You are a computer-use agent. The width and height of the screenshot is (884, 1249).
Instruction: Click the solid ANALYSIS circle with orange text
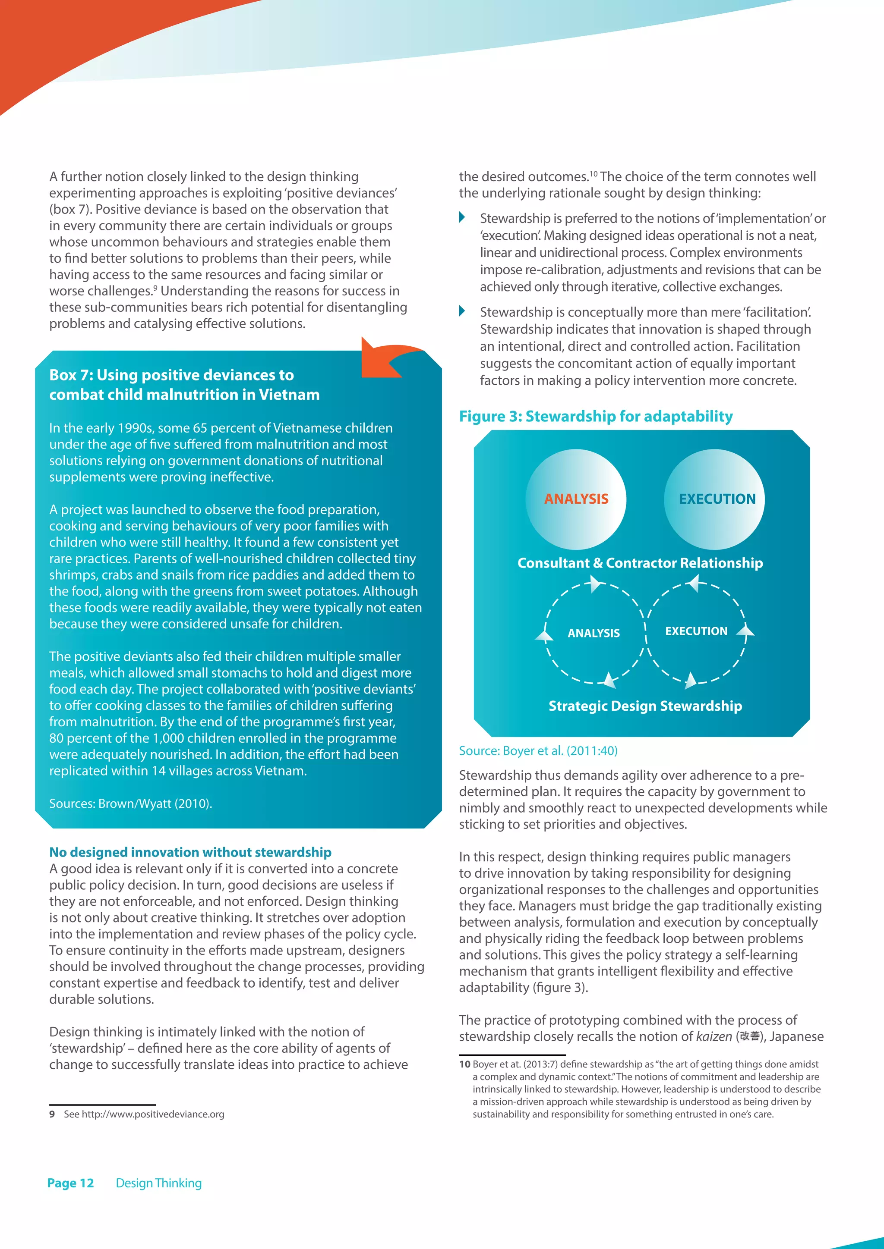tap(576, 499)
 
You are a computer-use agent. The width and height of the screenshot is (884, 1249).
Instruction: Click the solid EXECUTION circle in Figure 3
tap(714, 499)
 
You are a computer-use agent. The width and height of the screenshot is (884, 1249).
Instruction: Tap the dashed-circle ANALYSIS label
tap(594, 633)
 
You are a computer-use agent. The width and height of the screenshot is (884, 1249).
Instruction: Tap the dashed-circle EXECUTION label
tap(696, 631)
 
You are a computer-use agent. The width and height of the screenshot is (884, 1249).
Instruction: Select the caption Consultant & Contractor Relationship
tap(640, 563)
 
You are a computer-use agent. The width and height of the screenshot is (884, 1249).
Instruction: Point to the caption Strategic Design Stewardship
tap(645, 706)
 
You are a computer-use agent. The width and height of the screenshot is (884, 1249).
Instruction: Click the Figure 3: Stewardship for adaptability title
tap(596, 417)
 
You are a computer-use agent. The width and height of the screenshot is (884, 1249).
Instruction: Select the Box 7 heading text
tap(184, 385)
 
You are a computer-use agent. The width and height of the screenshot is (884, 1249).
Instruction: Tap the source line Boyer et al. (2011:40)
tap(538, 751)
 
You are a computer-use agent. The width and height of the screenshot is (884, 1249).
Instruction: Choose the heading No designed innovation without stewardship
tap(190, 852)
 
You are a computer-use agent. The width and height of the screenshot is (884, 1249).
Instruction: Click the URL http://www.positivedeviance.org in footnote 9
tap(153, 1114)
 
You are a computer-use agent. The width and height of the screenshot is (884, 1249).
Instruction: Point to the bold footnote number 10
tap(464, 1064)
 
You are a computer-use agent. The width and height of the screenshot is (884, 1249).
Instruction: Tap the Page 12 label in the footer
tap(71, 1183)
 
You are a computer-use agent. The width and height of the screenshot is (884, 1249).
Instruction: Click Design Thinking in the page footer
tap(158, 1183)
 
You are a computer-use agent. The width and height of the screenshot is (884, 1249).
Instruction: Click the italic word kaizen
tap(714, 1037)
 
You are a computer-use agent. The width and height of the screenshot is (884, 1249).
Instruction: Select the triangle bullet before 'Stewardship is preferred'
tap(462, 218)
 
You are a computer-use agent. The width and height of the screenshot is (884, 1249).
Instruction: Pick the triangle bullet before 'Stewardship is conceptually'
tap(462, 311)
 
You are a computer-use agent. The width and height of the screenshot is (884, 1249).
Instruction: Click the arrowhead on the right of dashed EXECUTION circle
tap(745, 631)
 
